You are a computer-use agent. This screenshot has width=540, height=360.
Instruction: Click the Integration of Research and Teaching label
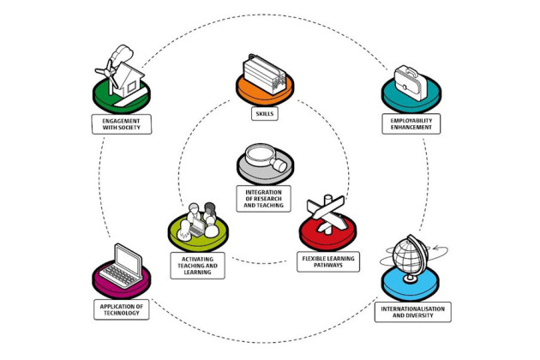[264, 198]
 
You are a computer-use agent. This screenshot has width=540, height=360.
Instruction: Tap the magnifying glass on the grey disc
[264, 158]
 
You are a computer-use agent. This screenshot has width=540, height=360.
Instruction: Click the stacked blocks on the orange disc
[264, 69]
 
